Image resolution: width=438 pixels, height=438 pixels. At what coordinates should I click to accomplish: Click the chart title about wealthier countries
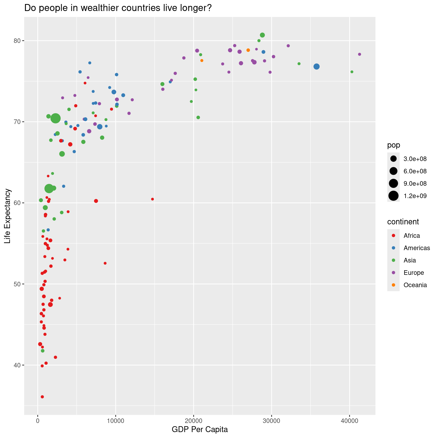pyautogui.click(x=118, y=8)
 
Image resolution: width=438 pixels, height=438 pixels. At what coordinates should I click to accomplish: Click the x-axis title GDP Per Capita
pyautogui.click(x=200, y=430)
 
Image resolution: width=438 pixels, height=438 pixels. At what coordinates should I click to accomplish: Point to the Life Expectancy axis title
pyautogui.click(x=8, y=216)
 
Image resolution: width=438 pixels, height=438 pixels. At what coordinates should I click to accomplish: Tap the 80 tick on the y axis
pyautogui.click(x=17, y=41)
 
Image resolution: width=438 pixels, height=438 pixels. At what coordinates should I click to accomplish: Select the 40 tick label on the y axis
pyautogui.click(x=17, y=365)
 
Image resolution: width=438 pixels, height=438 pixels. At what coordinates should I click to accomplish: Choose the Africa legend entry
pyautogui.click(x=411, y=236)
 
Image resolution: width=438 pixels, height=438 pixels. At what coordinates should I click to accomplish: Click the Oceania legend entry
pyautogui.click(x=415, y=285)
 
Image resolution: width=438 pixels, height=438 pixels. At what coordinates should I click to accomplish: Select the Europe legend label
pyautogui.click(x=414, y=273)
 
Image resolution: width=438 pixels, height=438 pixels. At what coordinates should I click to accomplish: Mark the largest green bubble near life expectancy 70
pyautogui.click(x=56, y=118)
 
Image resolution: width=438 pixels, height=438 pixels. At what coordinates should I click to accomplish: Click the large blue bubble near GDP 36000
pyautogui.click(x=316, y=67)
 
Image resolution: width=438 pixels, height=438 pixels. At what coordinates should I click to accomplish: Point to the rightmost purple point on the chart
pyautogui.click(x=359, y=54)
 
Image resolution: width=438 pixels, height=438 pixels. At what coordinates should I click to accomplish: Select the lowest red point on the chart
pyautogui.click(x=42, y=397)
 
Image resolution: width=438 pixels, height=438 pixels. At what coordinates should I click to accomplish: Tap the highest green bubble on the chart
pyautogui.click(x=262, y=35)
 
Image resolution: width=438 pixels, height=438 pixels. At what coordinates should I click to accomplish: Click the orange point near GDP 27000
pyautogui.click(x=248, y=50)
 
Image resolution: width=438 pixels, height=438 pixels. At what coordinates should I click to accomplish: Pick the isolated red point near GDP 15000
pyautogui.click(x=152, y=199)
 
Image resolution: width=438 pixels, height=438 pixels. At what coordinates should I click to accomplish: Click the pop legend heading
pyautogui.click(x=393, y=145)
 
